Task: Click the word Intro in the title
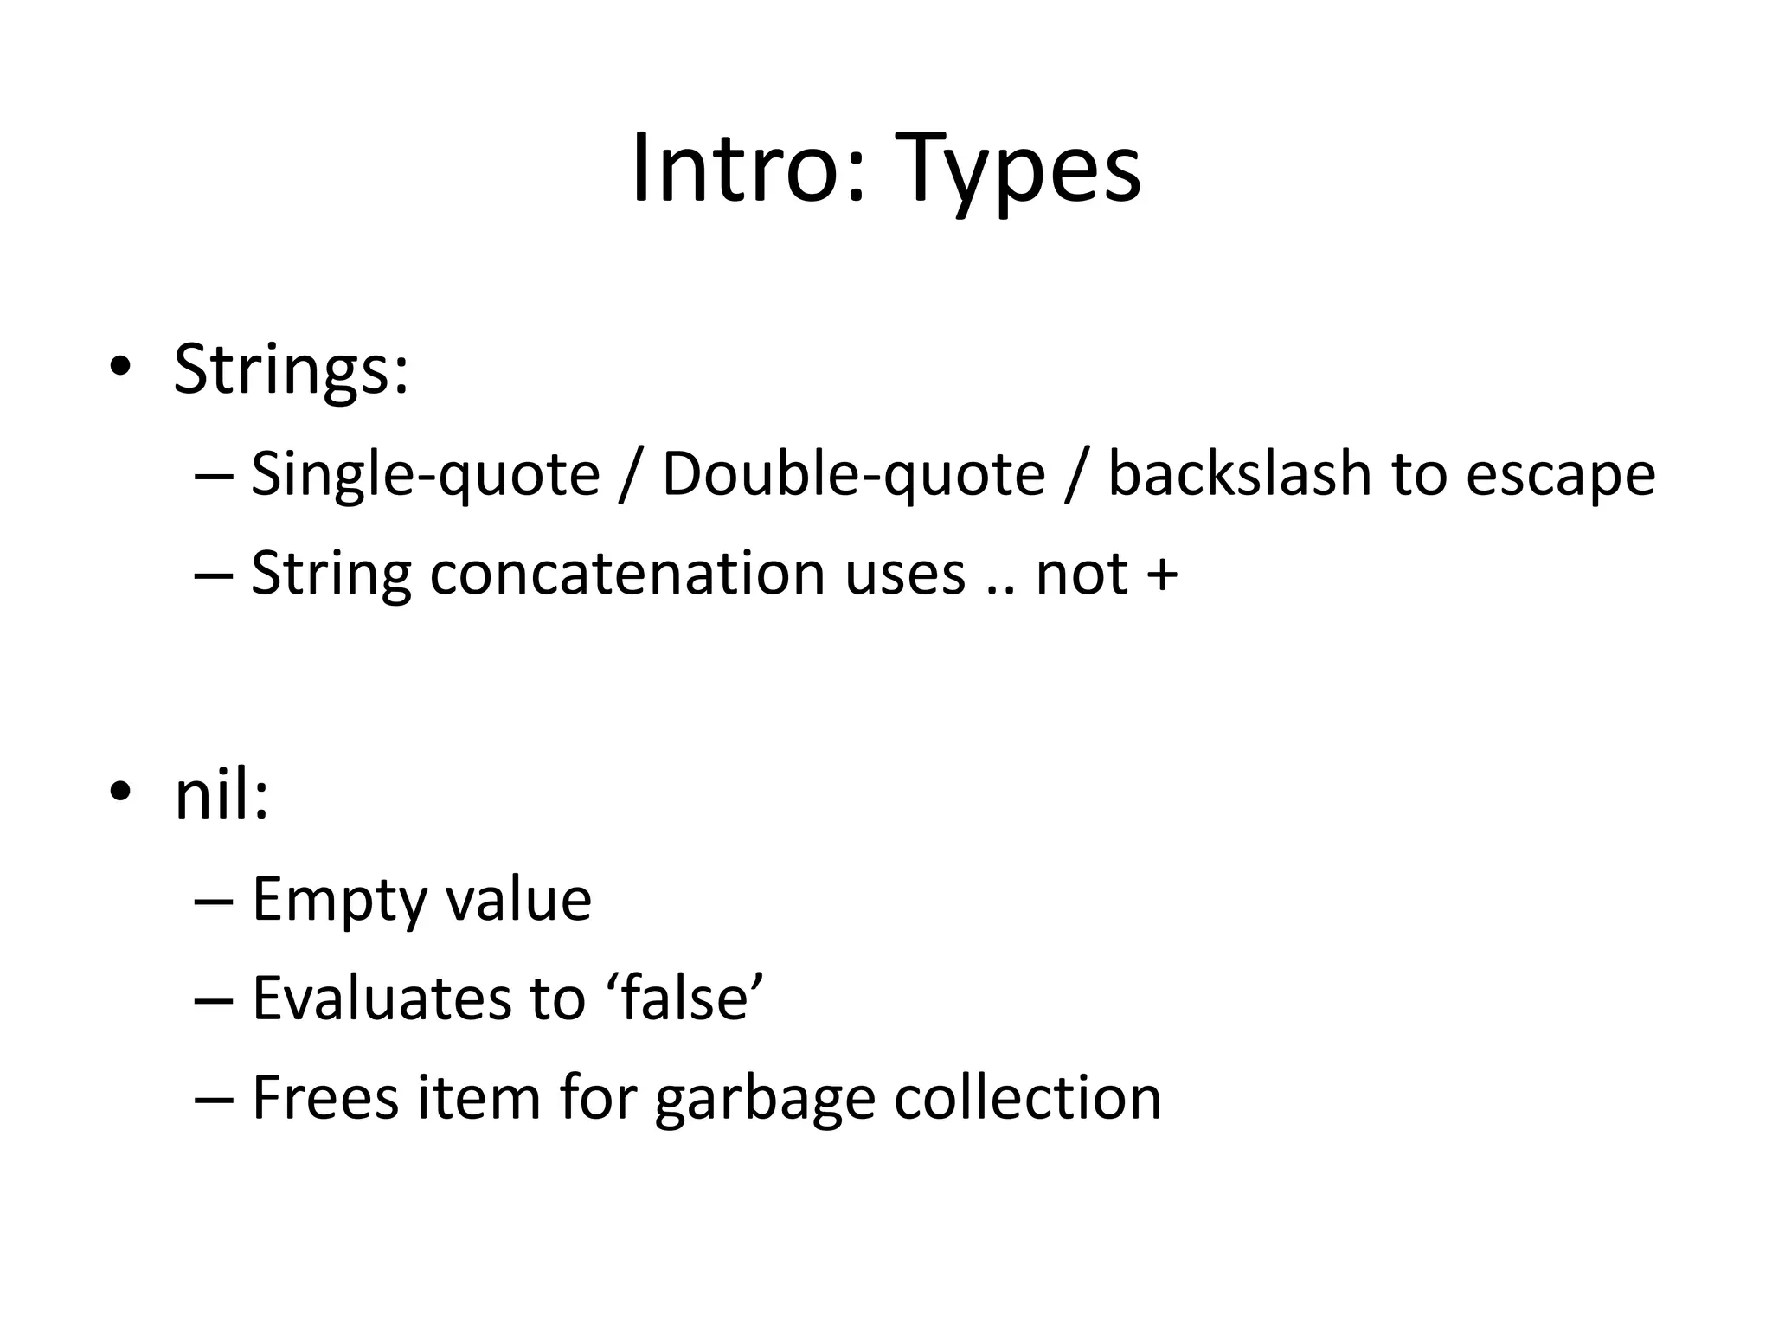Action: point(747,168)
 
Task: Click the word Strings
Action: point(290,370)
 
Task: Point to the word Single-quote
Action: point(425,475)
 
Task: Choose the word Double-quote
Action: point(853,475)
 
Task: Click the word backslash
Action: point(1239,475)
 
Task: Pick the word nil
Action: point(220,795)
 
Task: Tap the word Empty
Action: point(339,901)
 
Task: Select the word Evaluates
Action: point(382,998)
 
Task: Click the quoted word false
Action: point(684,998)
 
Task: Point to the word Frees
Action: point(325,1097)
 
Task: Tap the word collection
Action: point(1027,1097)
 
